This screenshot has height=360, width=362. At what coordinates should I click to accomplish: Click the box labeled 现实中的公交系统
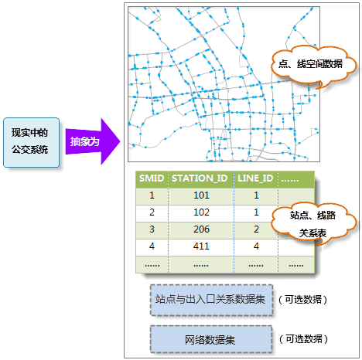click(x=31, y=142)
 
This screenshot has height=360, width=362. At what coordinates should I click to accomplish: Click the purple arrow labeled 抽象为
click(x=93, y=141)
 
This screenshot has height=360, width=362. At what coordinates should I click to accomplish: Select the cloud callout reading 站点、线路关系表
click(x=313, y=223)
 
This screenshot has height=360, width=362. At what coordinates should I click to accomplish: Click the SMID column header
click(x=152, y=178)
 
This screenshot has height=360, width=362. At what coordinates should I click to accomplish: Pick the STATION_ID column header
click(x=201, y=178)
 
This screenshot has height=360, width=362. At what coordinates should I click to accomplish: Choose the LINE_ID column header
click(x=256, y=178)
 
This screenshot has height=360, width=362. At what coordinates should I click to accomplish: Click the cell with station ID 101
click(x=201, y=195)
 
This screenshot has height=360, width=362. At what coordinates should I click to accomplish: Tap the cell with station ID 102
click(x=201, y=212)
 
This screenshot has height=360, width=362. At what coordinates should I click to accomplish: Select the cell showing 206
click(x=201, y=229)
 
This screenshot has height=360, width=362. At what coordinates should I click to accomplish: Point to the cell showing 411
click(x=201, y=246)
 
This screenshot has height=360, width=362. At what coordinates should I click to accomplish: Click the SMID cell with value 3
click(x=152, y=229)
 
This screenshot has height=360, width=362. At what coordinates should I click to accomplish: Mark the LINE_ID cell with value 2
click(x=256, y=229)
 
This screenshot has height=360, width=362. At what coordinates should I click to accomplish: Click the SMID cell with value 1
click(x=152, y=195)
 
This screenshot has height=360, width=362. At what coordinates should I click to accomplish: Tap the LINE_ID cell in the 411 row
click(x=256, y=246)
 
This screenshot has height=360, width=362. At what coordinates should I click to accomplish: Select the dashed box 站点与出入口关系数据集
click(x=211, y=300)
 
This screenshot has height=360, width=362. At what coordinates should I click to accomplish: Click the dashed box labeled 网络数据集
click(x=211, y=339)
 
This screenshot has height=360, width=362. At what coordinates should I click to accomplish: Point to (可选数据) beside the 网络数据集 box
click(x=303, y=339)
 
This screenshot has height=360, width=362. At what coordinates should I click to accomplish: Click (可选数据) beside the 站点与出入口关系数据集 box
click(x=303, y=300)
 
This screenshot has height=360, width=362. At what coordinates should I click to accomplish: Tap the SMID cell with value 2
click(x=152, y=212)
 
